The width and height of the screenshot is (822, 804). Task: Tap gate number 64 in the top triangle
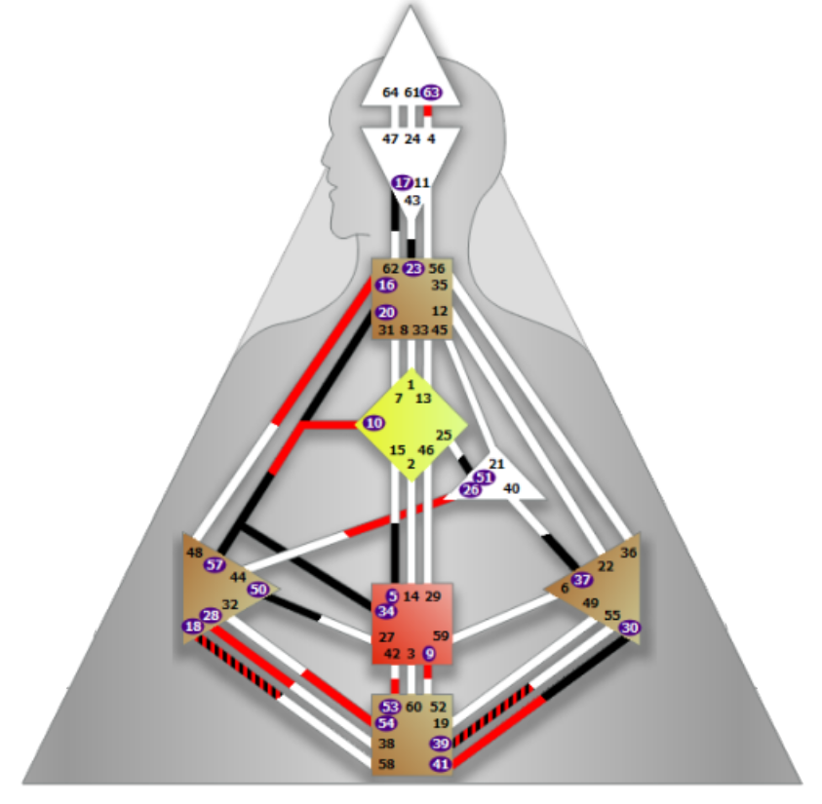click(x=390, y=93)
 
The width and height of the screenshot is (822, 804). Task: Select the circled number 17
click(x=402, y=182)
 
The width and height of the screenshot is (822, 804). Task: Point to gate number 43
click(x=412, y=200)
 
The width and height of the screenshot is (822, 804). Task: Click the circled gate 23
click(x=412, y=269)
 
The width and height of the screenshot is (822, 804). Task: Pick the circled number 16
click(x=386, y=286)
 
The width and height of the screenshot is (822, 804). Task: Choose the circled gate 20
click(x=386, y=313)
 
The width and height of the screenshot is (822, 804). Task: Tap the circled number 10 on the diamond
click(x=374, y=423)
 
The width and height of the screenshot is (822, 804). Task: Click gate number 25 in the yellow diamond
click(x=444, y=435)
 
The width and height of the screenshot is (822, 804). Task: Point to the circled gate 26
click(x=471, y=489)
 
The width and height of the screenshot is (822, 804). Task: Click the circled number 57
click(x=215, y=564)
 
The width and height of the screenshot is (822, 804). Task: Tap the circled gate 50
click(x=257, y=589)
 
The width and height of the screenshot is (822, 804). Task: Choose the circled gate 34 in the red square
click(x=387, y=611)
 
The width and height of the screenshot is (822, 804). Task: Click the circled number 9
click(x=429, y=653)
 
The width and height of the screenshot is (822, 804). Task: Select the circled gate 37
click(x=582, y=580)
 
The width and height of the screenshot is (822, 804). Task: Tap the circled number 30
click(x=630, y=628)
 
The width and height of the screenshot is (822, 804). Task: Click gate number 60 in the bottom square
click(x=413, y=707)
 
